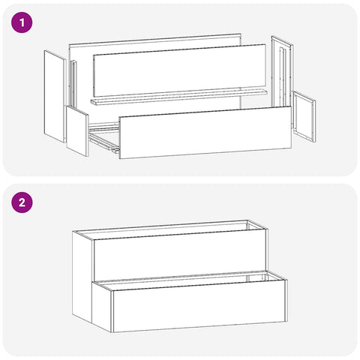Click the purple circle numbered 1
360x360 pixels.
pyautogui.click(x=22, y=22)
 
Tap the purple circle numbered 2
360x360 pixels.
pyautogui.click(x=22, y=202)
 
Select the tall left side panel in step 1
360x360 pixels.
pyautogui.click(x=55, y=97)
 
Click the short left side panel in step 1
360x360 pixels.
pyautogui.click(x=77, y=131)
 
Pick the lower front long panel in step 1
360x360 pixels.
pyautogui.click(x=205, y=133)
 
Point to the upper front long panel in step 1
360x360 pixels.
pyautogui.click(x=179, y=70)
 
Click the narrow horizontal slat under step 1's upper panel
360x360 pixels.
pyautogui.click(x=178, y=97)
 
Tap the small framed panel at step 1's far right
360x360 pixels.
pyautogui.click(x=304, y=117)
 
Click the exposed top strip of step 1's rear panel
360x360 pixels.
pyautogui.click(x=155, y=40)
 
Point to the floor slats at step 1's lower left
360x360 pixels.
pyautogui.click(x=103, y=137)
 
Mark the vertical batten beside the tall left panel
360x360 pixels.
pyautogui.click(x=73, y=84)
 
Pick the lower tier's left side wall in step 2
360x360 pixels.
pyautogui.click(x=102, y=307)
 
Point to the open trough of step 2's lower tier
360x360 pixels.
pyautogui.click(x=190, y=280)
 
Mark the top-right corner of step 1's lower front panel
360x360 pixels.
pyautogui.click(x=291, y=106)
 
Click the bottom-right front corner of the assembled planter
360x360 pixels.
pyautogui.click(x=287, y=322)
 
